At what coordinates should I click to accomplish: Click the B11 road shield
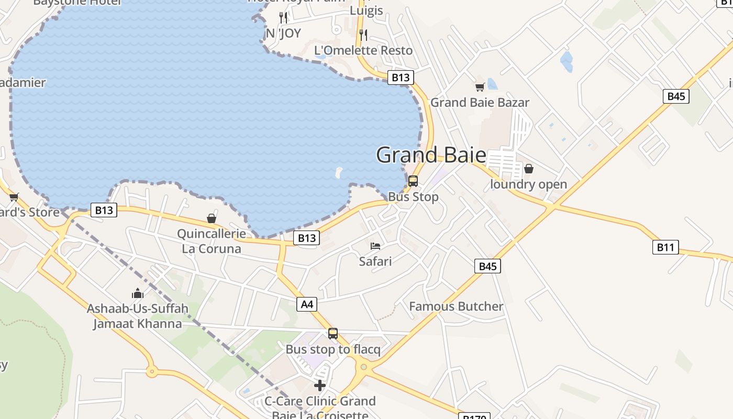click(665, 247)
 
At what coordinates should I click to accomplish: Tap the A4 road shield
click(307, 304)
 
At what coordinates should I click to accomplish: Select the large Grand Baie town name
click(431, 155)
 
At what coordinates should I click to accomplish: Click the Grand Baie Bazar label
click(480, 102)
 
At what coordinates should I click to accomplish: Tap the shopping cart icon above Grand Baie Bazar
click(480, 87)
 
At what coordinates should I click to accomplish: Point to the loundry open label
click(528, 184)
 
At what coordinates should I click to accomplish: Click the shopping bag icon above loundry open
click(529, 169)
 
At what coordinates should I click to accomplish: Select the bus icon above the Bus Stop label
click(413, 181)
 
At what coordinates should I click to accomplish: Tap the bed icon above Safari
click(375, 246)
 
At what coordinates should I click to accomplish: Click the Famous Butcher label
click(456, 306)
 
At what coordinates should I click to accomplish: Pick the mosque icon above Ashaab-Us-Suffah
click(138, 293)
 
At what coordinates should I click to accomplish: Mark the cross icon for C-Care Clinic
click(320, 386)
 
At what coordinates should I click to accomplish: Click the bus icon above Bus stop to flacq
click(333, 334)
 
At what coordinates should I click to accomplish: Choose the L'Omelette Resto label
click(363, 50)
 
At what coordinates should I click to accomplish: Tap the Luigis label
click(366, 10)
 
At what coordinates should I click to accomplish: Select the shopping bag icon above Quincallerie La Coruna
click(212, 218)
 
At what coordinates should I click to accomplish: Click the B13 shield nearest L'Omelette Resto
click(401, 78)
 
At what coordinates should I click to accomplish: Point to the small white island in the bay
click(339, 172)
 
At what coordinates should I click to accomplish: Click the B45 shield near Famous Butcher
click(487, 266)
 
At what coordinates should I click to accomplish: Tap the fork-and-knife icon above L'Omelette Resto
click(363, 35)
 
